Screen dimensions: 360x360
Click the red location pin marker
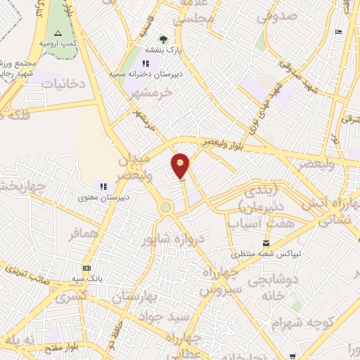[x=181, y=165]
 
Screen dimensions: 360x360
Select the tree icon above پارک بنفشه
[x=164, y=39]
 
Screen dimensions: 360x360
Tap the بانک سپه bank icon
[x=87, y=268]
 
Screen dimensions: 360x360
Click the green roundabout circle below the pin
[x=166, y=207]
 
